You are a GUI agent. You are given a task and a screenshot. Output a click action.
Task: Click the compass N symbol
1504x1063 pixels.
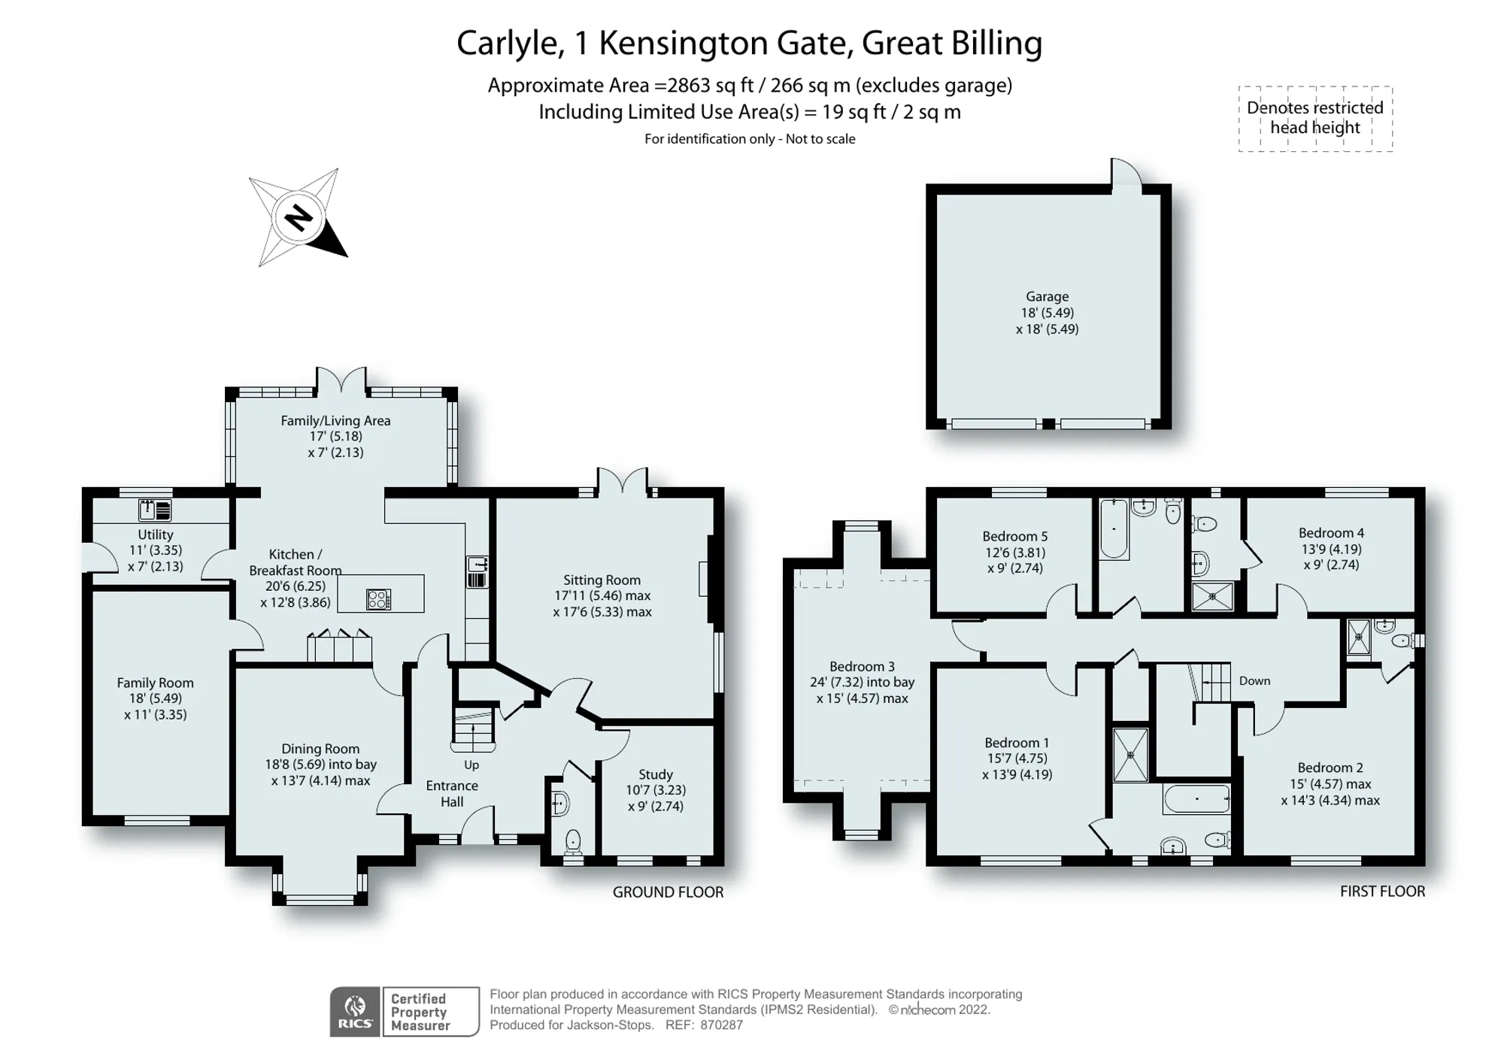(x=299, y=218)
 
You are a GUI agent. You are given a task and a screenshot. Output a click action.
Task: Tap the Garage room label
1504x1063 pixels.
(x=1047, y=297)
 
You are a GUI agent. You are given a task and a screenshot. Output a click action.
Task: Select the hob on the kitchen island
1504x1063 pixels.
(x=378, y=599)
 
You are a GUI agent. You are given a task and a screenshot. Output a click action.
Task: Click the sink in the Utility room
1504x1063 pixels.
(x=156, y=510)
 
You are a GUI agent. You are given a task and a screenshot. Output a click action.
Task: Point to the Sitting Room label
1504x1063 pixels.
(x=602, y=580)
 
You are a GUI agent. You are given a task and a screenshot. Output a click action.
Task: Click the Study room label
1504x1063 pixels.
(x=656, y=774)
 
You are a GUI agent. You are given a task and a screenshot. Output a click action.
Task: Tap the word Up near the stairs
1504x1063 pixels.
(x=472, y=765)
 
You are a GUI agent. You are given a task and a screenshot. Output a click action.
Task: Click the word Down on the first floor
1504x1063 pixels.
(x=1254, y=681)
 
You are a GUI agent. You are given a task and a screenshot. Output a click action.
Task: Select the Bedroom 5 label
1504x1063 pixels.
(x=1014, y=536)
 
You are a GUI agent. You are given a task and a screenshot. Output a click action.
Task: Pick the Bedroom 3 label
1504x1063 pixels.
(x=862, y=667)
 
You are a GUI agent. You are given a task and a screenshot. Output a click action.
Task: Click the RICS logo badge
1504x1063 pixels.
(x=355, y=1012)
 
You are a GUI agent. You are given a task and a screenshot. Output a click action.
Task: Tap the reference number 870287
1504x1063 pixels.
(x=721, y=1025)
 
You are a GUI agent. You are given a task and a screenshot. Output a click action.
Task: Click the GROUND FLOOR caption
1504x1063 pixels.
(x=668, y=892)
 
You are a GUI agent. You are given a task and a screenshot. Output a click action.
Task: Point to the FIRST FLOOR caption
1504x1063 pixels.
(x=1382, y=892)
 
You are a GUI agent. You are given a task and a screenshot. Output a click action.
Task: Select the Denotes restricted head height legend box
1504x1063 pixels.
(x=1315, y=118)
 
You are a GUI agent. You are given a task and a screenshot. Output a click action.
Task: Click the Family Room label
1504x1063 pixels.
(x=155, y=683)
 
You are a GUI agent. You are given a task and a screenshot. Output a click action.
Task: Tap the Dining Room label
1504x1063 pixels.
(x=320, y=749)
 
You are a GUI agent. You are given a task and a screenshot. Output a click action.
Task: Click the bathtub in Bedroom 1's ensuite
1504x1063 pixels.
(x=1196, y=798)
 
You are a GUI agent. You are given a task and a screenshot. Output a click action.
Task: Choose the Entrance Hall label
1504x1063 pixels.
(x=452, y=794)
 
